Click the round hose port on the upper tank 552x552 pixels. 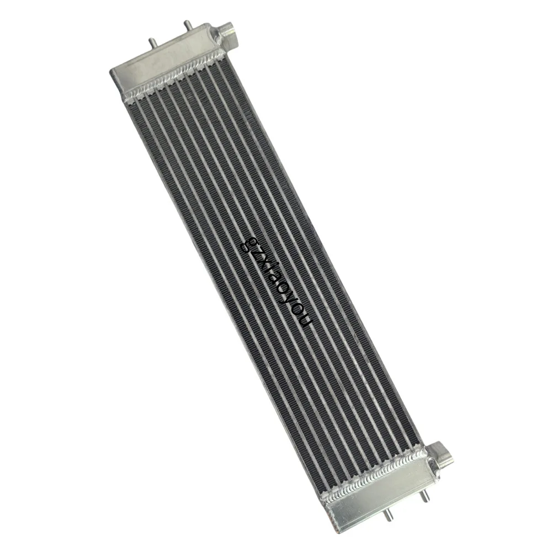[x=229, y=34]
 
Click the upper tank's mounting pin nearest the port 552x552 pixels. [x=188, y=25]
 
